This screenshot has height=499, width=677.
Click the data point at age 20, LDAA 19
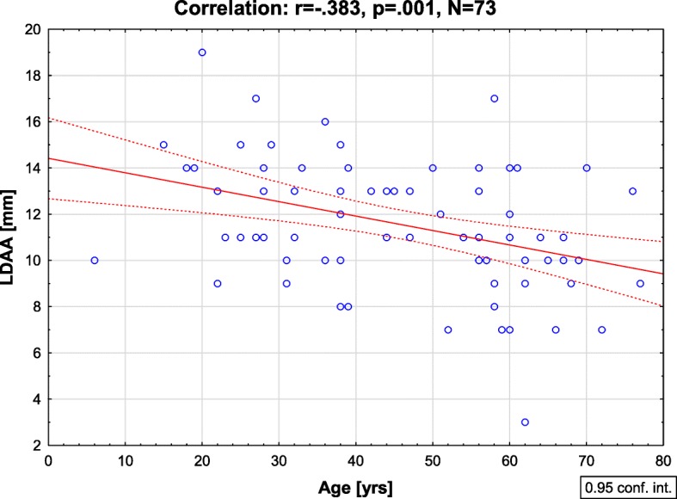(x=202, y=52)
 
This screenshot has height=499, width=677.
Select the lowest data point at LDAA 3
(x=525, y=422)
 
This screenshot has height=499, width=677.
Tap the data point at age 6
(x=95, y=260)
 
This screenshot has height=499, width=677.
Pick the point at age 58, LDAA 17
(x=494, y=98)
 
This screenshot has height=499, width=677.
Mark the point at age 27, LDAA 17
(x=255, y=98)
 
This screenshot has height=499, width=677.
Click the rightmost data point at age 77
(x=640, y=283)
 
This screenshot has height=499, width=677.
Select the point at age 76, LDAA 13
(x=632, y=191)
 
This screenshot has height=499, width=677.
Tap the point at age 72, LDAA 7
(x=601, y=330)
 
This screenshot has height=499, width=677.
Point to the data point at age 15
(x=163, y=145)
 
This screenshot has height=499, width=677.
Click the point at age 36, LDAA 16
(x=325, y=121)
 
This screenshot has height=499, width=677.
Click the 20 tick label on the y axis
(x=33, y=29)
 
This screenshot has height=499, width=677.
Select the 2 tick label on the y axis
(x=36, y=446)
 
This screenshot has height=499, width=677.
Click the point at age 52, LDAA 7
(x=448, y=330)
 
